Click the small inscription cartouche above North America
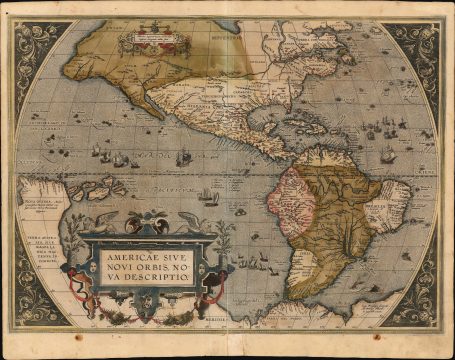pos(147,42)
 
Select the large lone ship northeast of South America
pos(387,154)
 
